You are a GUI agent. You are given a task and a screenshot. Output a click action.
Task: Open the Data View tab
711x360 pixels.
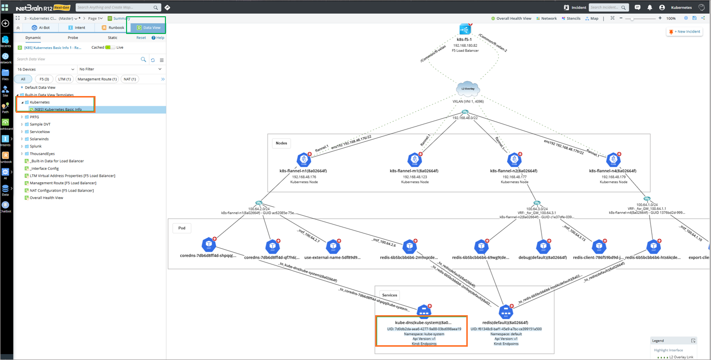(x=149, y=28)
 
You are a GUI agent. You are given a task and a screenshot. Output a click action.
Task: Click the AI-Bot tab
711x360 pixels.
(x=41, y=28)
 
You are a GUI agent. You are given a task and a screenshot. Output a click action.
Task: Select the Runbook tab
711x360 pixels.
(x=113, y=28)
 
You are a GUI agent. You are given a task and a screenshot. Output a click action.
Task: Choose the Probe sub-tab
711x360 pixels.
(x=73, y=37)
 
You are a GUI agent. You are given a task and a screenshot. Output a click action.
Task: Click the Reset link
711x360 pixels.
(x=141, y=37)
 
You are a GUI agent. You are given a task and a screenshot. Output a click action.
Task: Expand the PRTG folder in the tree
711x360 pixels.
(x=22, y=117)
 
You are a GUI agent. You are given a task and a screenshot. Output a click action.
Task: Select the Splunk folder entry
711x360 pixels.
(x=35, y=146)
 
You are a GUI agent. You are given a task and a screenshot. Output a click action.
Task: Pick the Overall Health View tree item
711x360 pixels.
(x=46, y=197)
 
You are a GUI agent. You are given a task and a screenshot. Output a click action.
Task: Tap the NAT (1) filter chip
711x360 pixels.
(x=130, y=79)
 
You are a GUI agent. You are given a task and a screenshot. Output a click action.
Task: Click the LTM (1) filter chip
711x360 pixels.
(x=64, y=79)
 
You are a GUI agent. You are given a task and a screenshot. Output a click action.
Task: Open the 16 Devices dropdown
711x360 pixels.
(x=45, y=69)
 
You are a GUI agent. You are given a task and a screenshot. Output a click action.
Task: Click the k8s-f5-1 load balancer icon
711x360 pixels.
(x=465, y=29)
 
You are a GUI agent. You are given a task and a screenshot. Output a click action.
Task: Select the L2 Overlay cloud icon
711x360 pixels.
(x=468, y=89)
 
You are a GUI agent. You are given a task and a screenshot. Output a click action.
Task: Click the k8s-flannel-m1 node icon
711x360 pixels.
(x=415, y=160)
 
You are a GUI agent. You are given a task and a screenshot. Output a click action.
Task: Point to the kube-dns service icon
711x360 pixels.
(x=423, y=312)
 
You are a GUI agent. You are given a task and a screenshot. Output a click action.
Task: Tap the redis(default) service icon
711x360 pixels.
(x=506, y=312)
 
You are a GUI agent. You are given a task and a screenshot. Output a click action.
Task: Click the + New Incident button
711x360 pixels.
(x=684, y=32)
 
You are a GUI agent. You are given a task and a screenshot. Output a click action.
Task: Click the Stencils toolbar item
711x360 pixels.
(x=571, y=18)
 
